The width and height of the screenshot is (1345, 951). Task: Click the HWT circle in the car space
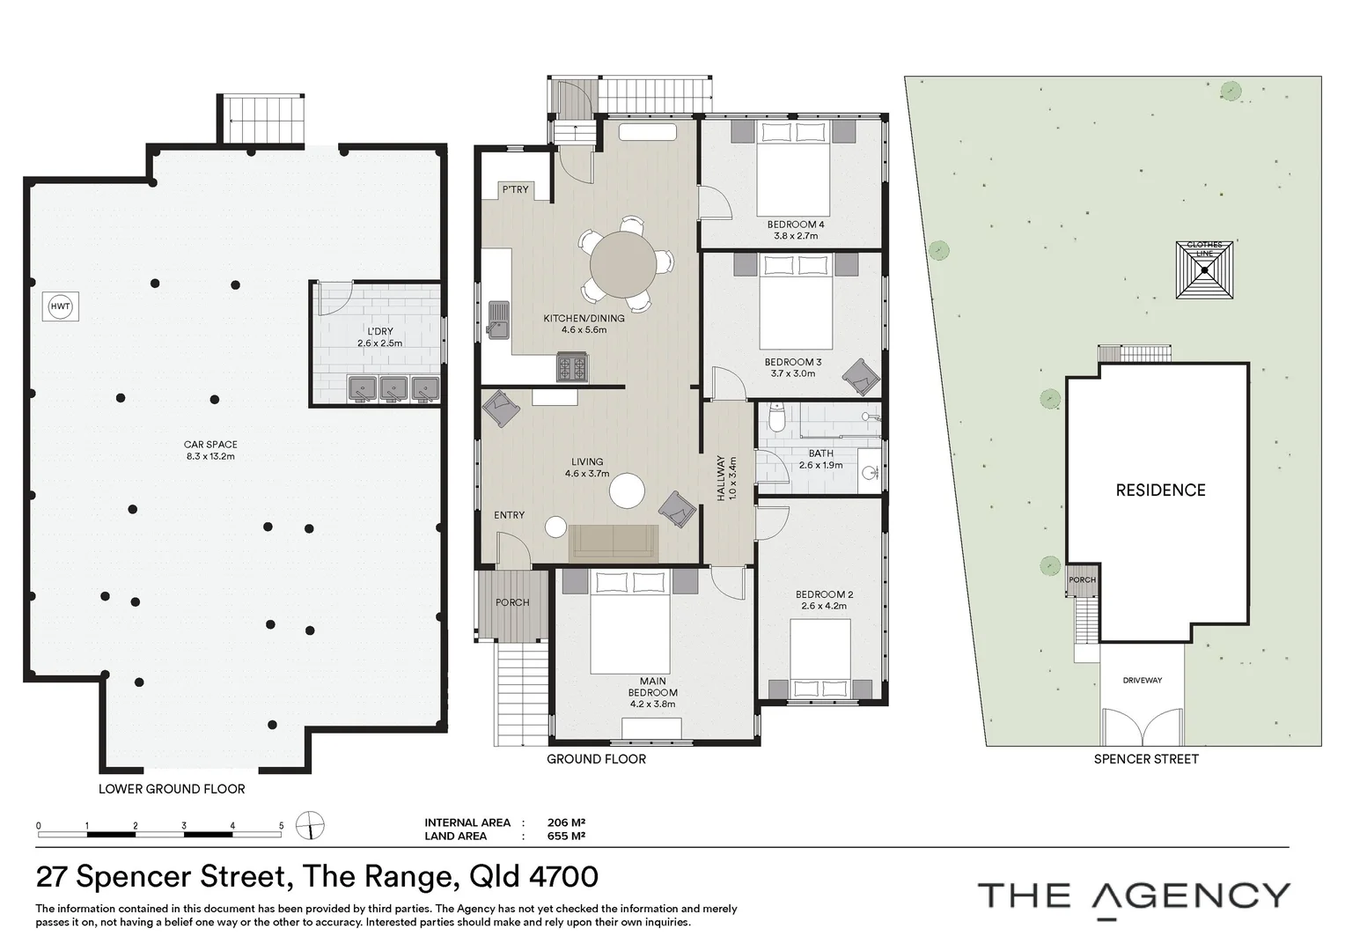60,306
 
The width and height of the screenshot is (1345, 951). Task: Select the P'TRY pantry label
516,189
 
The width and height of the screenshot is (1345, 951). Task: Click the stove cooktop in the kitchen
573,367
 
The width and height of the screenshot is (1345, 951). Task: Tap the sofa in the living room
614,542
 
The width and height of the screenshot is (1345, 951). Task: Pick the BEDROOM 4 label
795,225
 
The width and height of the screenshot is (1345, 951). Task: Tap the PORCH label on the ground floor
512,602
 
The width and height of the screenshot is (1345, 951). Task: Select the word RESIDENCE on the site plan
1160,490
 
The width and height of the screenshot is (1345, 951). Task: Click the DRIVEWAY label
1142,681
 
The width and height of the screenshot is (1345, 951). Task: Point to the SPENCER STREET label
1145,758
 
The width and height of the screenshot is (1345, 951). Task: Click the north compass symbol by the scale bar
310,826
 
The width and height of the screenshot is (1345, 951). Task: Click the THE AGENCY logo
1134,896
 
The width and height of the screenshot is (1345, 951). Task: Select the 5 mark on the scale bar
281,826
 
